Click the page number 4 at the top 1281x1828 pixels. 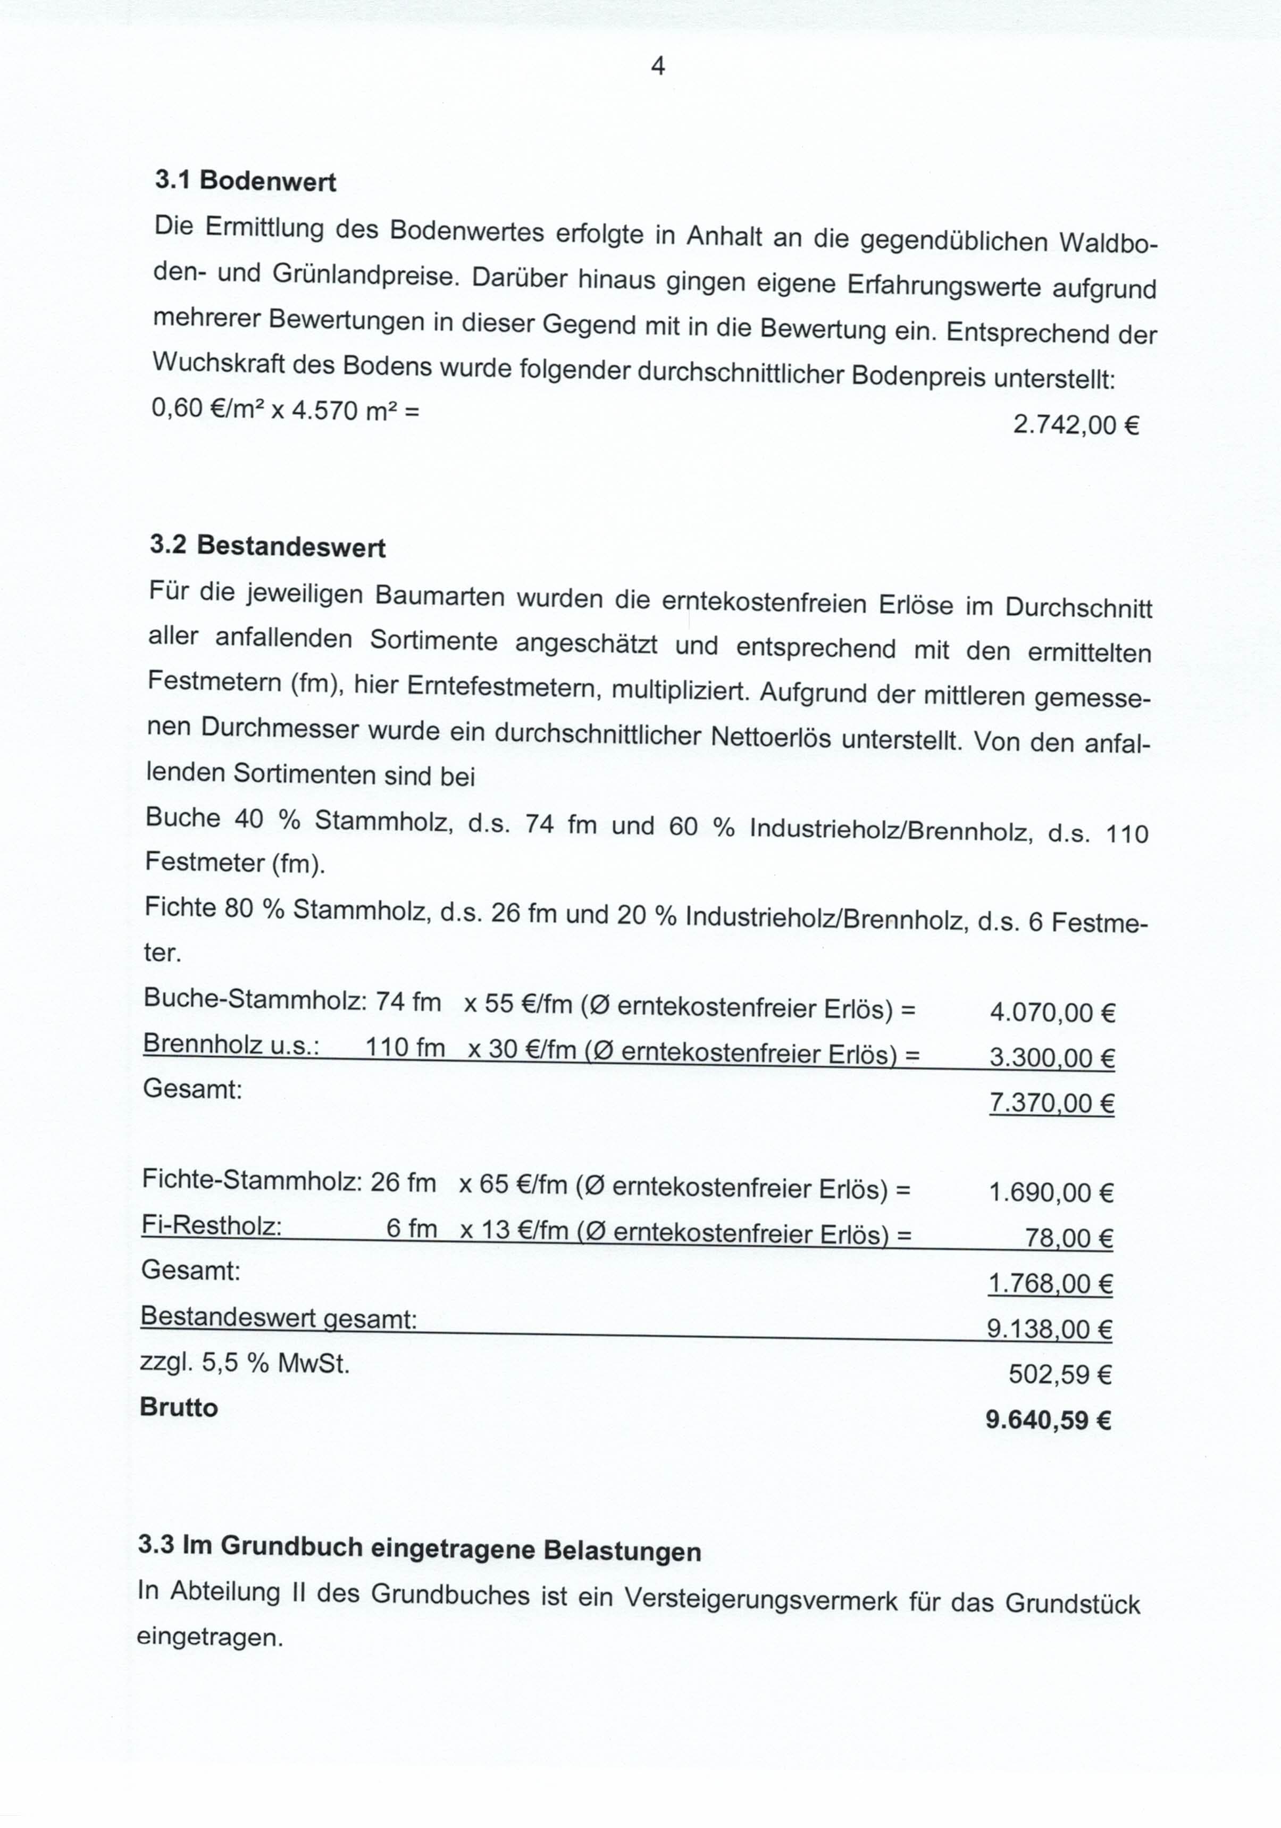(x=658, y=66)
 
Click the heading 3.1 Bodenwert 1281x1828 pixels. (x=245, y=181)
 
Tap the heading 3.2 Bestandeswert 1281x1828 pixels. (x=267, y=546)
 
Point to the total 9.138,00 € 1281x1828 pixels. (x=1049, y=1329)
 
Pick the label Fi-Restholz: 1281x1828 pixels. (x=212, y=1226)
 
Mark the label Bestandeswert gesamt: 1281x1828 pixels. (x=279, y=1318)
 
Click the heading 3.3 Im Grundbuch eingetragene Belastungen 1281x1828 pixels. (x=420, y=1547)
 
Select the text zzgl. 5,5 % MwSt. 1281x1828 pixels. (x=245, y=1364)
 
